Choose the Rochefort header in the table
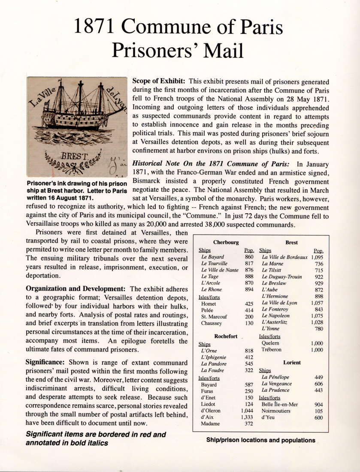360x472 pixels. pyautogui.click(x=226, y=336)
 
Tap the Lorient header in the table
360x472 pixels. pyautogui.click(x=292, y=363)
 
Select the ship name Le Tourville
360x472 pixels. pyautogui.click(x=215, y=263)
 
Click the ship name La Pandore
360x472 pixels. pyautogui.click(x=213, y=363)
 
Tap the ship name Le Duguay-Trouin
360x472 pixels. pyautogui.click(x=281, y=277)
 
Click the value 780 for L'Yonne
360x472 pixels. pyautogui.click(x=318, y=329)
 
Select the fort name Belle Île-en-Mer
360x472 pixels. pyautogui.click(x=280, y=404)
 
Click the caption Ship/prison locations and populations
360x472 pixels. pyautogui.click(x=260, y=440)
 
